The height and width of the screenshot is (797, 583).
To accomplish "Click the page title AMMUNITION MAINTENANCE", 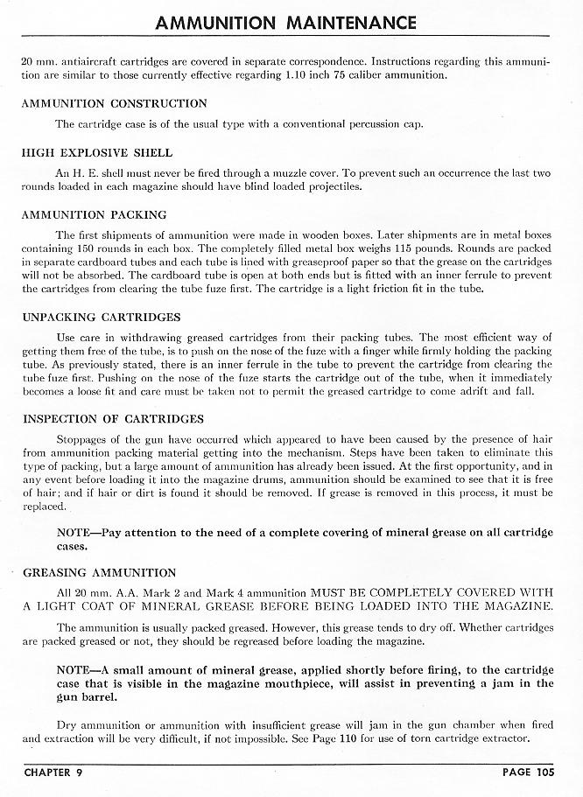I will [285, 22].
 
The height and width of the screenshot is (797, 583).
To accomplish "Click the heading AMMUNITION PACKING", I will [94, 214].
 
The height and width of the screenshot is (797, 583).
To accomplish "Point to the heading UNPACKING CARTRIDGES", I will [101, 317].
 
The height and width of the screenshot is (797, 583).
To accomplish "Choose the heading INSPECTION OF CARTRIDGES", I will [112, 419].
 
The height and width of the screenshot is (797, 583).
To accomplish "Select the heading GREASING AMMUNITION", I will [98, 573].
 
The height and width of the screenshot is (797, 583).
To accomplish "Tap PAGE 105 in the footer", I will [526, 773].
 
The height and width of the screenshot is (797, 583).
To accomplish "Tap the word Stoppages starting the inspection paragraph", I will [84, 440].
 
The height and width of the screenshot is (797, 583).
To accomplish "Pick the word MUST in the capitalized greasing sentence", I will [313, 591].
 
